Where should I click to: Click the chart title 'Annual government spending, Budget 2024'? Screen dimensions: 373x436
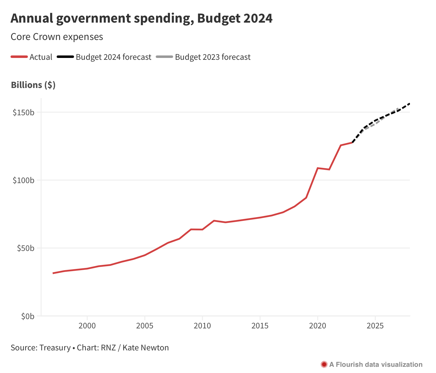(142, 19)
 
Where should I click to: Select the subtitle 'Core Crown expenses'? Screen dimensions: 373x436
(57, 37)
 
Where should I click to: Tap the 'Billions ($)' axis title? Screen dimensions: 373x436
(33, 85)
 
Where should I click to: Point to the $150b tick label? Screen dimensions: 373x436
(23, 112)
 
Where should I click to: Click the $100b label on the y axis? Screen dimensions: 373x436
(23, 180)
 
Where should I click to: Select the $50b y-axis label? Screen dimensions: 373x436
(25, 248)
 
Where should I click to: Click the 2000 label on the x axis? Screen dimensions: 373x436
(87, 326)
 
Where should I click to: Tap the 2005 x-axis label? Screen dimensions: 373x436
(145, 326)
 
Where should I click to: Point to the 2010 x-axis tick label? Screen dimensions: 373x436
(202, 326)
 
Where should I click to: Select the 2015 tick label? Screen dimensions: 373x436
(260, 326)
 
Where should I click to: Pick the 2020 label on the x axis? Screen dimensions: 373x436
(318, 326)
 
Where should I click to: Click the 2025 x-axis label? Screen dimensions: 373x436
(375, 326)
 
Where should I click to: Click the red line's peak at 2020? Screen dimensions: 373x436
(318, 168)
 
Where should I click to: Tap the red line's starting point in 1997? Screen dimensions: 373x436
(53, 273)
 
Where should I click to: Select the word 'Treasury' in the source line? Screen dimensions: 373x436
(55, 348)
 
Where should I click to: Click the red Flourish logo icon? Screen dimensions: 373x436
(324, 365)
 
